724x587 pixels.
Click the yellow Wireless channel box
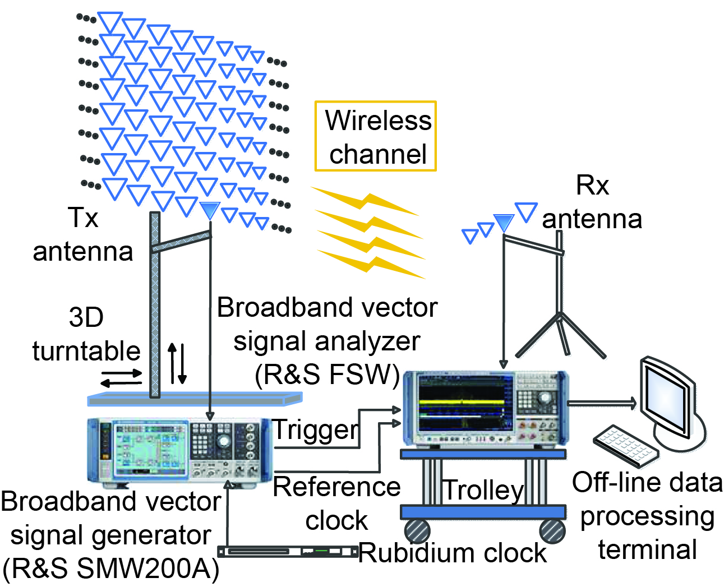(x=375, y=136)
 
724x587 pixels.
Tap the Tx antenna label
(x=83, y=234)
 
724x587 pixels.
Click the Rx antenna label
(x=592, y=202)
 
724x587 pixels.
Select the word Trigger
(x=316, y=430)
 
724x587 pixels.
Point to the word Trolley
(x=483, y=490)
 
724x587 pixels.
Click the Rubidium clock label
(x=452, y=553)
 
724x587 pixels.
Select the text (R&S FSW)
(x=327, y=375)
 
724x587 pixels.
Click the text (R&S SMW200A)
(x=111, y=568)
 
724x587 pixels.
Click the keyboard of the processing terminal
(x=625, y=446)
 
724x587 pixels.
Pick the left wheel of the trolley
(x=417, y=530)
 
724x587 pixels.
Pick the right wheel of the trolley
(x=552, y=530)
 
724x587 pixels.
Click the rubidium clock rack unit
(x=288, y=552)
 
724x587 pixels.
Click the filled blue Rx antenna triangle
(x=504, y=222)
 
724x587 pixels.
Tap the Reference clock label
(x=336, y=503)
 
